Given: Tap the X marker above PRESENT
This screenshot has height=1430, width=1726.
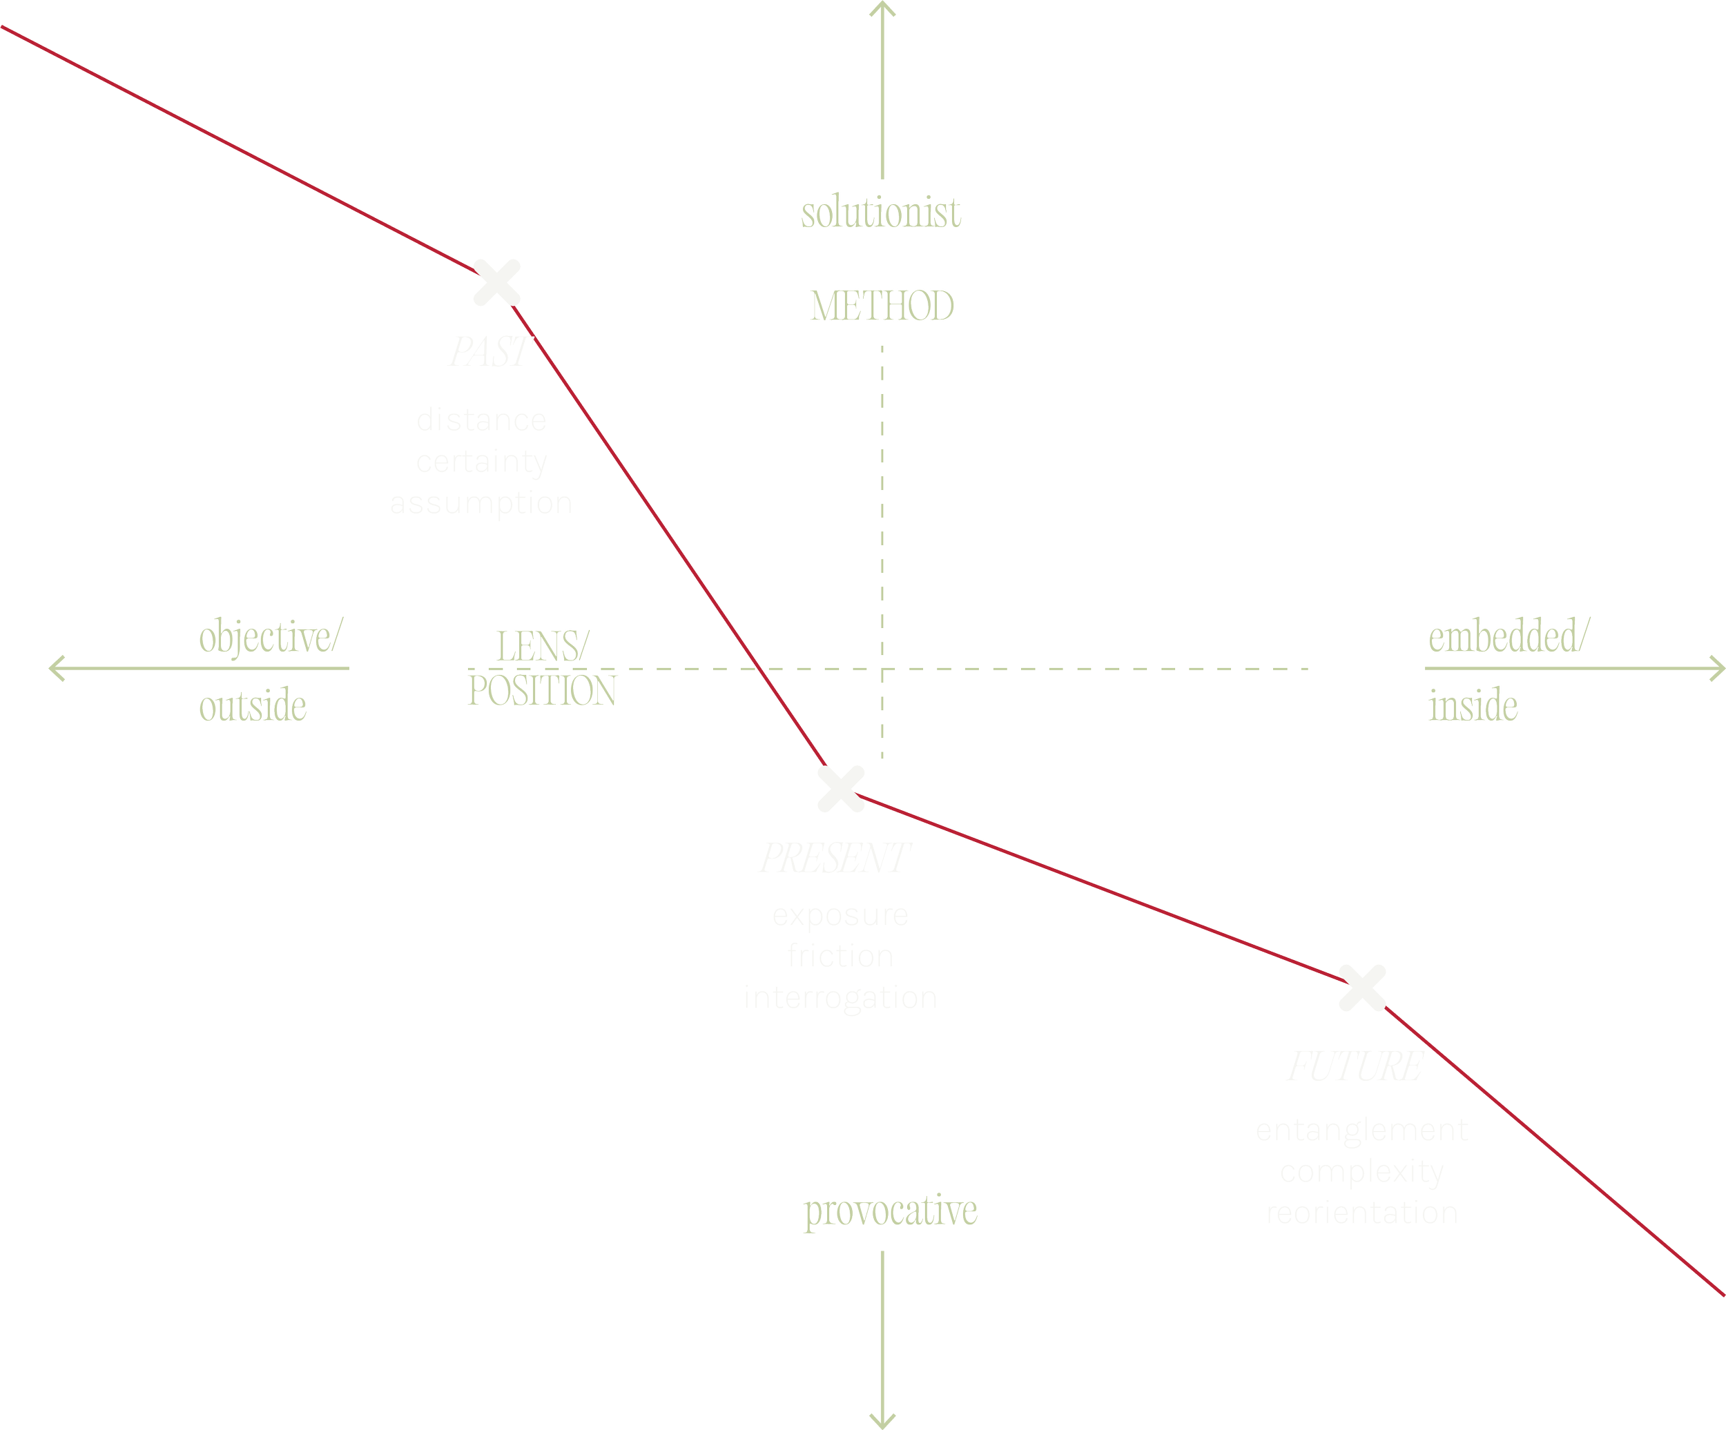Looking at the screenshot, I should [x=842, y=788].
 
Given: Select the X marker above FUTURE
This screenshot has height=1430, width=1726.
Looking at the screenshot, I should [x=1362, y=987].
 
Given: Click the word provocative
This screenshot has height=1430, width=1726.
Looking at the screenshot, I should [x=890, y=1211].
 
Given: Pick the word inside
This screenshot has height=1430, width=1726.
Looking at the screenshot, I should [x=1473, y=707].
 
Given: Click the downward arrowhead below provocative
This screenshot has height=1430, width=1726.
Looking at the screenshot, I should [x=883, y=1420].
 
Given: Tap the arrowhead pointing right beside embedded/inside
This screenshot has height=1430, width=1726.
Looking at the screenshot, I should [x=1716, y=668].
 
